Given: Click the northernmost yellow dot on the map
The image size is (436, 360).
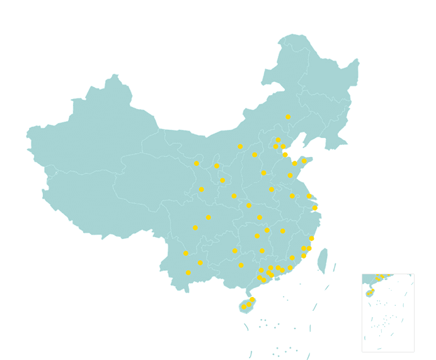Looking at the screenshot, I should [288, 117].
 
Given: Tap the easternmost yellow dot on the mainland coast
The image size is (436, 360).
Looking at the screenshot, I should [315, 207].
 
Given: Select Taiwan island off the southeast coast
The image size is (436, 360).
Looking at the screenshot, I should [323, 260].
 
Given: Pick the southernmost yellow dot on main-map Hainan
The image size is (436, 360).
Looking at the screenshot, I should [244, 307].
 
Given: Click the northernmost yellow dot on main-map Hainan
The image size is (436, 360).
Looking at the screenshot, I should [253, 299].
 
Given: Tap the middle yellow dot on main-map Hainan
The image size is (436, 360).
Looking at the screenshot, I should [249, 304].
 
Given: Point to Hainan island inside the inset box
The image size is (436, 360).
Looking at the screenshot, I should [369, 293].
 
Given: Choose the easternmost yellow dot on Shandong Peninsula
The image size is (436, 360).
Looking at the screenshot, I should [304, 161].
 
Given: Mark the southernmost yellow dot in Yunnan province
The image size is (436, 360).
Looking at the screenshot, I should [188, 272].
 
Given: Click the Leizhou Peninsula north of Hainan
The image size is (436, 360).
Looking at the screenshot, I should [248, 290].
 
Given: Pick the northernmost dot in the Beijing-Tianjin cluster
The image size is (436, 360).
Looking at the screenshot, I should [278, 140].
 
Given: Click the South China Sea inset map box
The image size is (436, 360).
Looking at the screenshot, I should [388, 313].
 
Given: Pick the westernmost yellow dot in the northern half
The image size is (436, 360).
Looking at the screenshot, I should [197, 163].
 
